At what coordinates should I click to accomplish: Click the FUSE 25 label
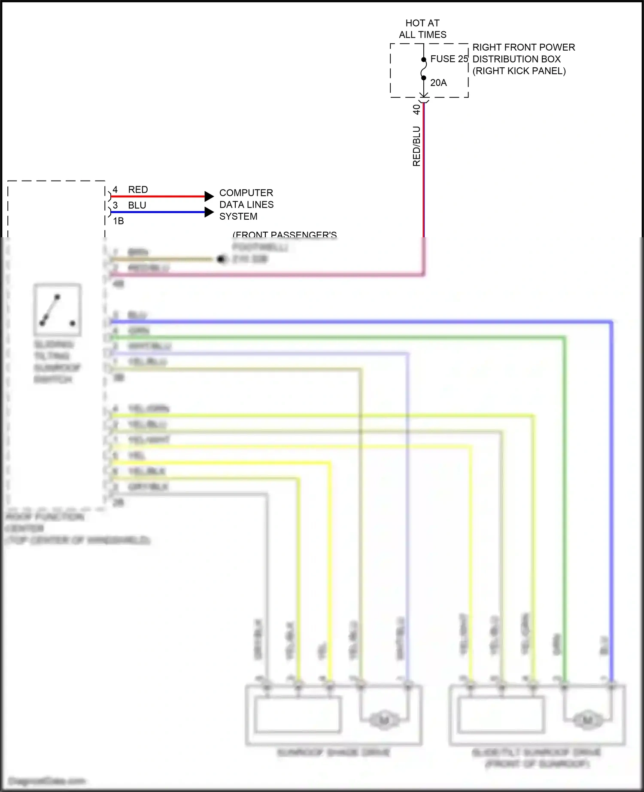point(449,59)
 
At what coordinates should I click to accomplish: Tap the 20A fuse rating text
point(438,83)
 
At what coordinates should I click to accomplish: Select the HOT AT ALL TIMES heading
point(422,29)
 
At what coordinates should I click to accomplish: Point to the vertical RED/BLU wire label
point(416,146)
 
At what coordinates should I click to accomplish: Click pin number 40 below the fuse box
point(416,109)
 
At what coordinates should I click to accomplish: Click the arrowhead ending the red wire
point(209,196)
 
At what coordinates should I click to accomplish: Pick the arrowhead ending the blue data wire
point(209,212)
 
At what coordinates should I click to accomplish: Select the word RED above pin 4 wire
point(138,190)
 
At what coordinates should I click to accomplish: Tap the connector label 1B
point(118,221)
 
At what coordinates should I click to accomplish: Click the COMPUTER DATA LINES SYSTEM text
point(246,205)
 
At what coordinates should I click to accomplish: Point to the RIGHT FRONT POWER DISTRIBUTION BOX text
point(523,59)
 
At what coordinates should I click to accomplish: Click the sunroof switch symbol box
point(58,310)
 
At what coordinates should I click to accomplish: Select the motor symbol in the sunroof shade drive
point(384,719)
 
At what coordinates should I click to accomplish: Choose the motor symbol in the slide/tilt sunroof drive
point(587,719)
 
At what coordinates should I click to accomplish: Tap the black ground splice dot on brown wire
point(222,259)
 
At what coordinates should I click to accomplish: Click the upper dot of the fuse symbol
point(423,60)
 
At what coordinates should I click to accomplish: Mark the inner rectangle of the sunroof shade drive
point(298,714)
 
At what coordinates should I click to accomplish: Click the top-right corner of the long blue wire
point(611,321)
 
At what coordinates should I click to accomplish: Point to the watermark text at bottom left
point(46,781)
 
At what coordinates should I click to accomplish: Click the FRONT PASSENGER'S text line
point(284,235)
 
